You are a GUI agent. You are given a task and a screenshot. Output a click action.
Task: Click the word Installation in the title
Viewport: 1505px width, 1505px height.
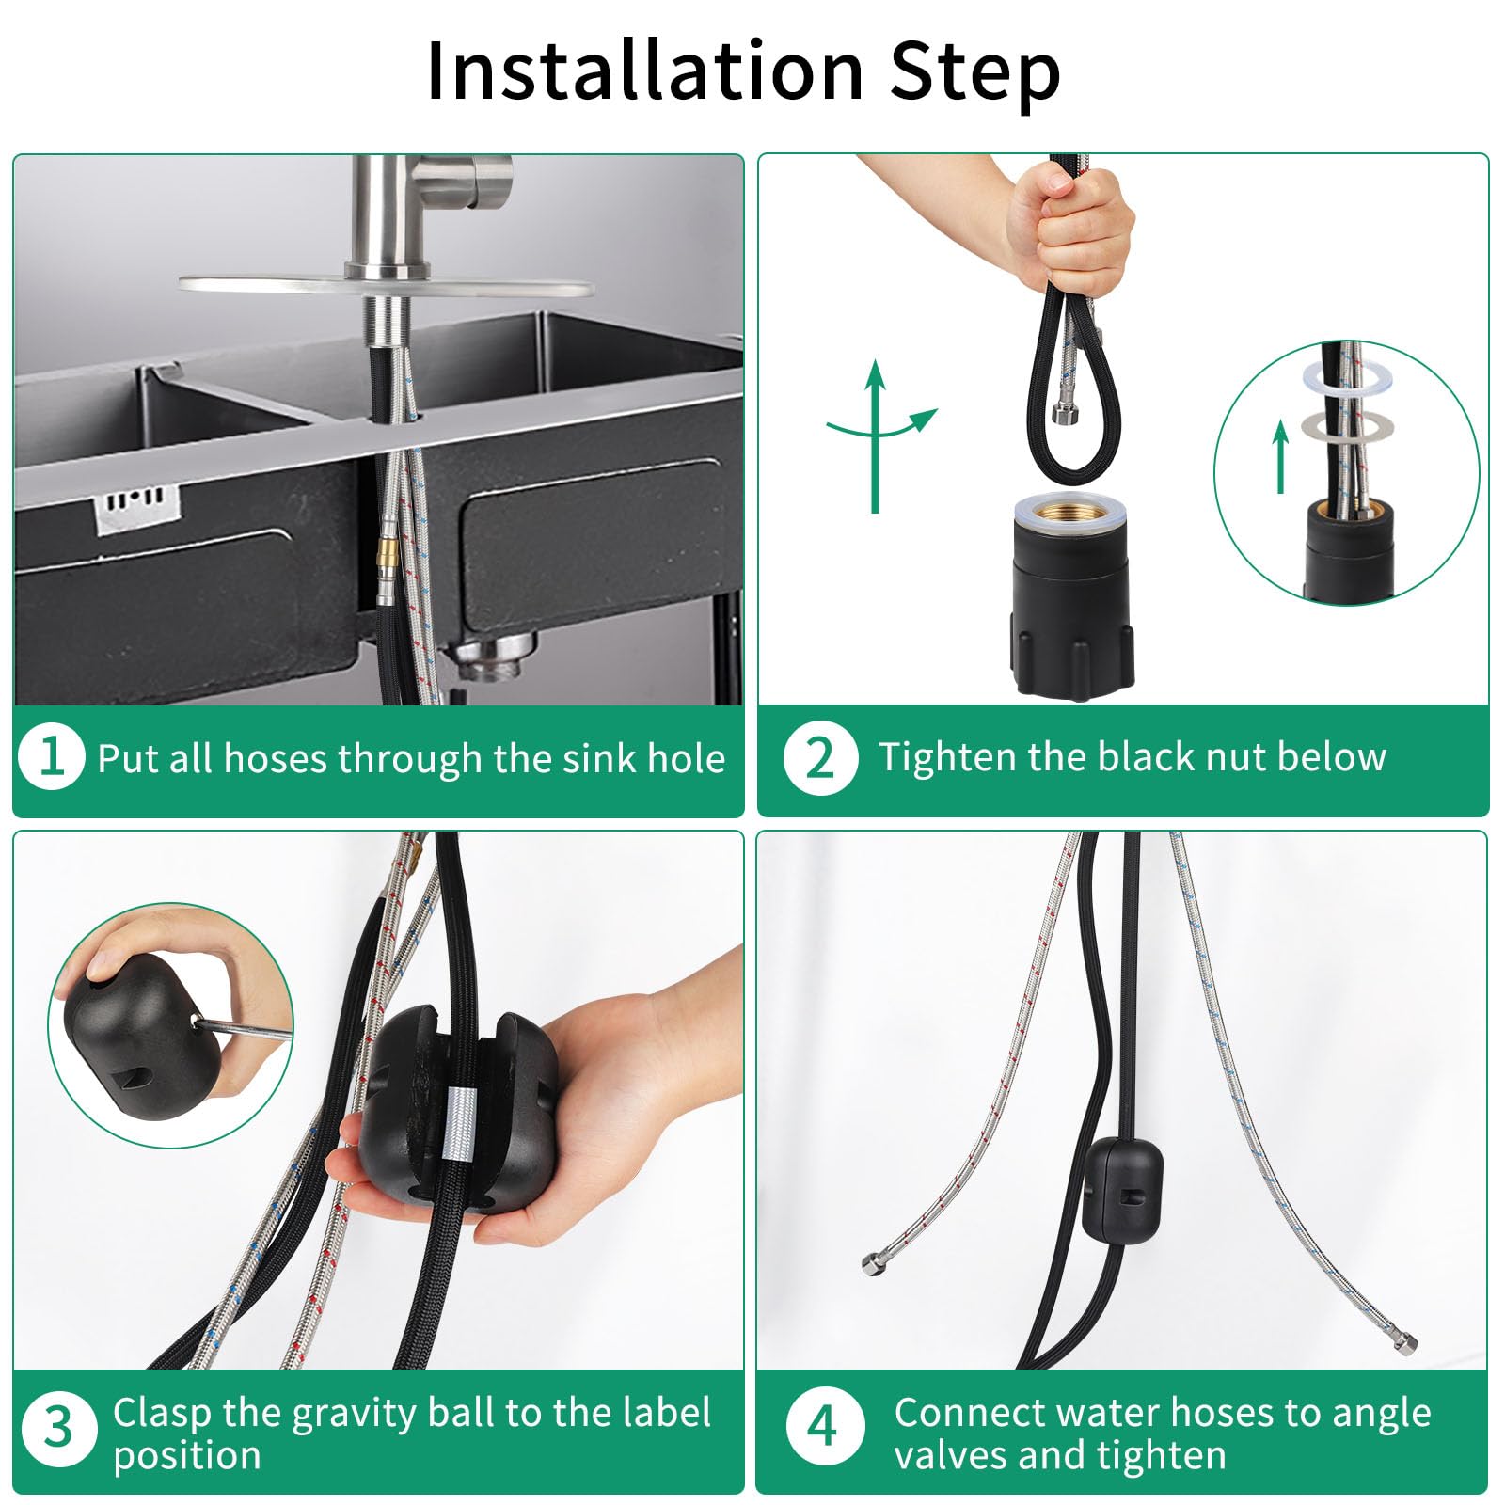coord(645,71)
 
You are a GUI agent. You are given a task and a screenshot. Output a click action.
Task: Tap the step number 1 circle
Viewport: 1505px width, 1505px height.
coord(52,756)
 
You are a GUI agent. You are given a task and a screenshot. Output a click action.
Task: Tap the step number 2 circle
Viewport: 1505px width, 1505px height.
coord(820,757)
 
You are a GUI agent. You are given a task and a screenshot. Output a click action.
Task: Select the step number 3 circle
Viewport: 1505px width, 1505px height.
coord(58,1428)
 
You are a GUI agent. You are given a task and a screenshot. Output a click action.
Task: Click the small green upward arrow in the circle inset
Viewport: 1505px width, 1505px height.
coord(1279,456)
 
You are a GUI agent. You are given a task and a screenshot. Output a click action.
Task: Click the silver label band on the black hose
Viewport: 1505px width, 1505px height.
coord(457,1122)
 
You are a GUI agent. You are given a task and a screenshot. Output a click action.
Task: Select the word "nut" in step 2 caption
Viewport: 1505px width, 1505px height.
coord(1227,758)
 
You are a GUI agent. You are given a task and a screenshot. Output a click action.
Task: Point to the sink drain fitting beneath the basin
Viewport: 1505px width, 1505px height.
coord(493,656)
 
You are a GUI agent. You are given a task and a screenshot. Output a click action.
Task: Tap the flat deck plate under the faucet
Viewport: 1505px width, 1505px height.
coord(387,284)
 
